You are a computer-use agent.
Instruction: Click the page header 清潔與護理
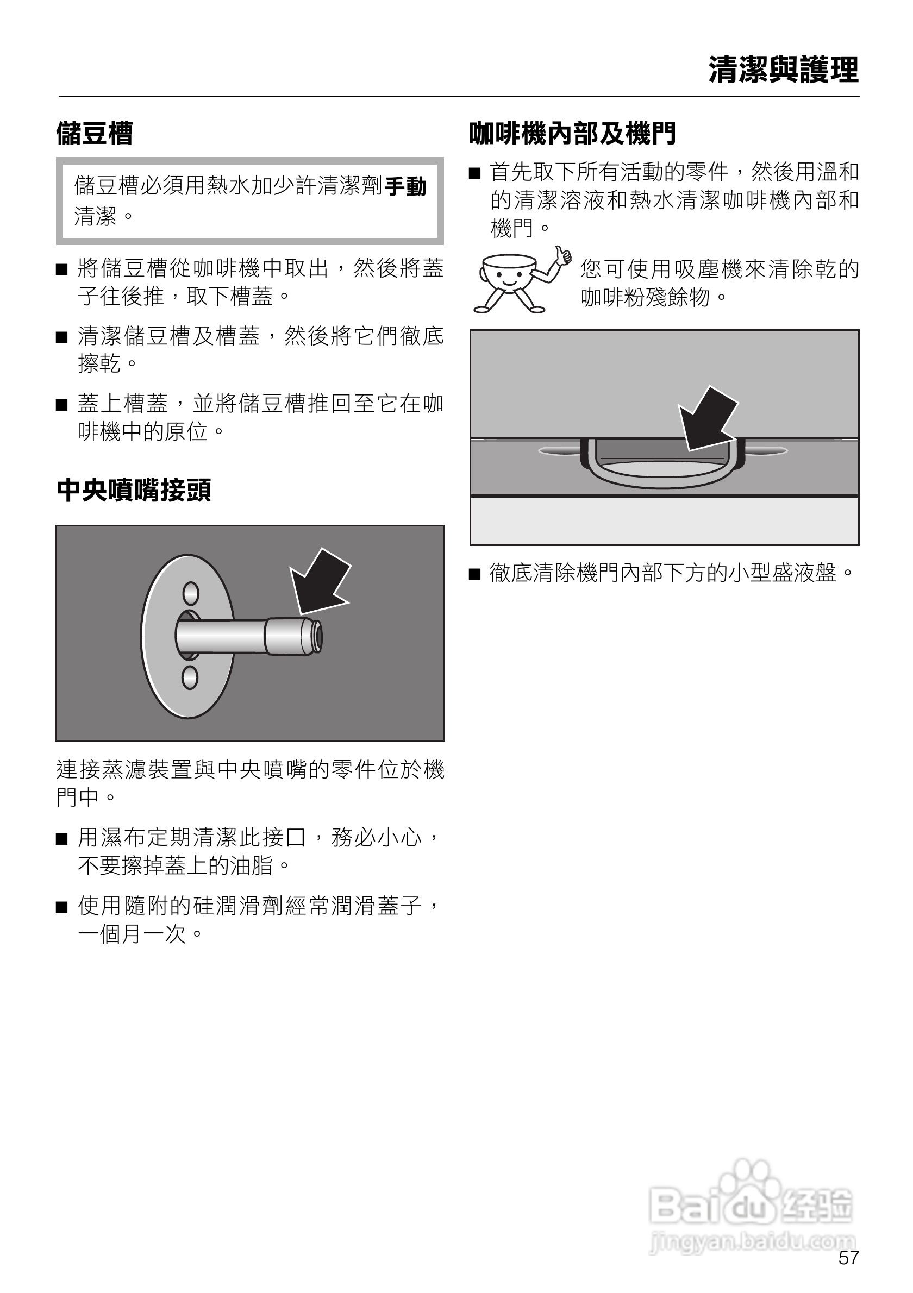point(783,71)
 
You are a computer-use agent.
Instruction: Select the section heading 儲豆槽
point(95,134)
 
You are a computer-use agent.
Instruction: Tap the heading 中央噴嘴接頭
point(134,490)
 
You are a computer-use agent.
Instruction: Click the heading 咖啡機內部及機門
point(572,134)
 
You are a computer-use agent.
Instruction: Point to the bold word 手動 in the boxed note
point(405,186)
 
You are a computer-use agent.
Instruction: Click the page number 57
point(848,1258)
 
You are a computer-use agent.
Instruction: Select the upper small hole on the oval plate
point(190,593)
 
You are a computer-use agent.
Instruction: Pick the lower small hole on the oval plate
point(190,677)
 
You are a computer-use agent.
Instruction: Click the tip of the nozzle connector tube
point(318,637)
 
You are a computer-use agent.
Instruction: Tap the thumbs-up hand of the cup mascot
point(562,256)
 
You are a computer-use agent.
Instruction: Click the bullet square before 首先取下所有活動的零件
point(475,173)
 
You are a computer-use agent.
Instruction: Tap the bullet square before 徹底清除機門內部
point(475,574)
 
